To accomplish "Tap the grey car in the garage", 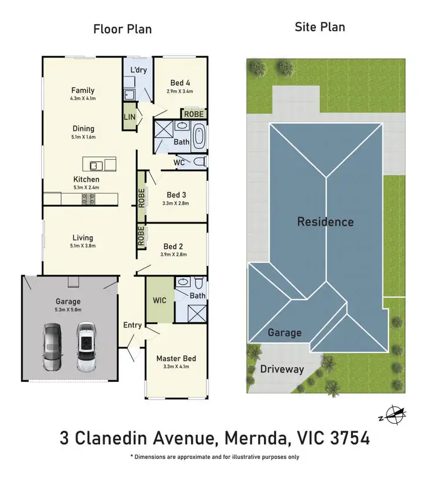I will click(52, 347).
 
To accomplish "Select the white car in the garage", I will click(86, 347).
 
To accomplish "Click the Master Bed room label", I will click(176, 358).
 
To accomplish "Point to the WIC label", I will click(159, 301).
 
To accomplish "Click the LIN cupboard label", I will click(129, 118).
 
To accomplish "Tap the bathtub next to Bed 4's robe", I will click(198, 137).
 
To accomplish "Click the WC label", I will click(179, 163).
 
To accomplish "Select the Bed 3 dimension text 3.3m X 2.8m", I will click(176, 204).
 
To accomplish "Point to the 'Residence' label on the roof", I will click(325, 221).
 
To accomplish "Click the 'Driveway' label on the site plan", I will click(282, 369).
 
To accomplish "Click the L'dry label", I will click(138, 70).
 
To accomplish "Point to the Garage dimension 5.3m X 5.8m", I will click(68, 311).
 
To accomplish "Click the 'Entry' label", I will click(133, 325).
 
